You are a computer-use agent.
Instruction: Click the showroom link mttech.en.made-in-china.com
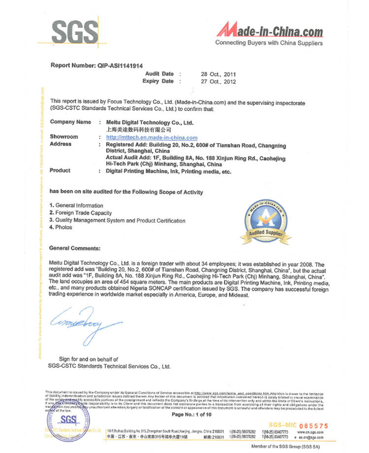(152, 137)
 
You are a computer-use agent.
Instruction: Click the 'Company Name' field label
(70, 122)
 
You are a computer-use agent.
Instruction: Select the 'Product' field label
(60, 170)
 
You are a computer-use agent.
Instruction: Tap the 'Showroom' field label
(64, 137)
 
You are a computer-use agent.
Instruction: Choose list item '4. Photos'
(61, 227)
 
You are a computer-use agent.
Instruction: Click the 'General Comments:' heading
(75, 248)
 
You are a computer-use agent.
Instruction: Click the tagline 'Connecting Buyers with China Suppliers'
(269, 43)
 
